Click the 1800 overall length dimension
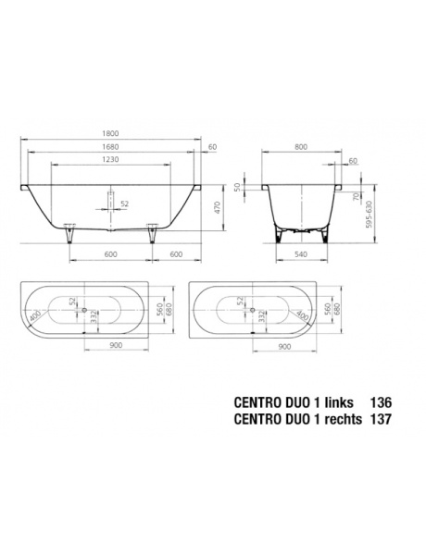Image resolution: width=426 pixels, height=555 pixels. point(110,134)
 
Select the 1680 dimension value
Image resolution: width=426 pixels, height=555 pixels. point(110,147)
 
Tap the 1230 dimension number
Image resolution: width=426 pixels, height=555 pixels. point(110,160)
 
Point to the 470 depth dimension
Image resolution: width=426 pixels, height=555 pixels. point(217,207)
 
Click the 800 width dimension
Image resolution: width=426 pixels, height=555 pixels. point(301,147)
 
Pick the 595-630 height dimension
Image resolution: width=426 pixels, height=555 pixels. point(370,215)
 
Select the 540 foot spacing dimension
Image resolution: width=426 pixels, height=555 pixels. point(301,254)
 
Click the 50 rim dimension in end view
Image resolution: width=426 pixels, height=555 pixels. point(237,187)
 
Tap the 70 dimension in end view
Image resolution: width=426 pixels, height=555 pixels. point(357,197)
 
